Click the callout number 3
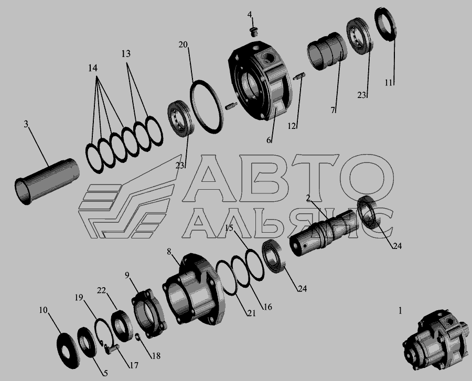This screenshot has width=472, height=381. (26, 124)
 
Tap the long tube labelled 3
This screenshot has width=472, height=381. (47, 182)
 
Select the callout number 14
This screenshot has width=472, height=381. (93, 68)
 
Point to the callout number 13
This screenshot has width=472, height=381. (126, 53)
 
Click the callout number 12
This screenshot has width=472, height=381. (292, 126)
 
